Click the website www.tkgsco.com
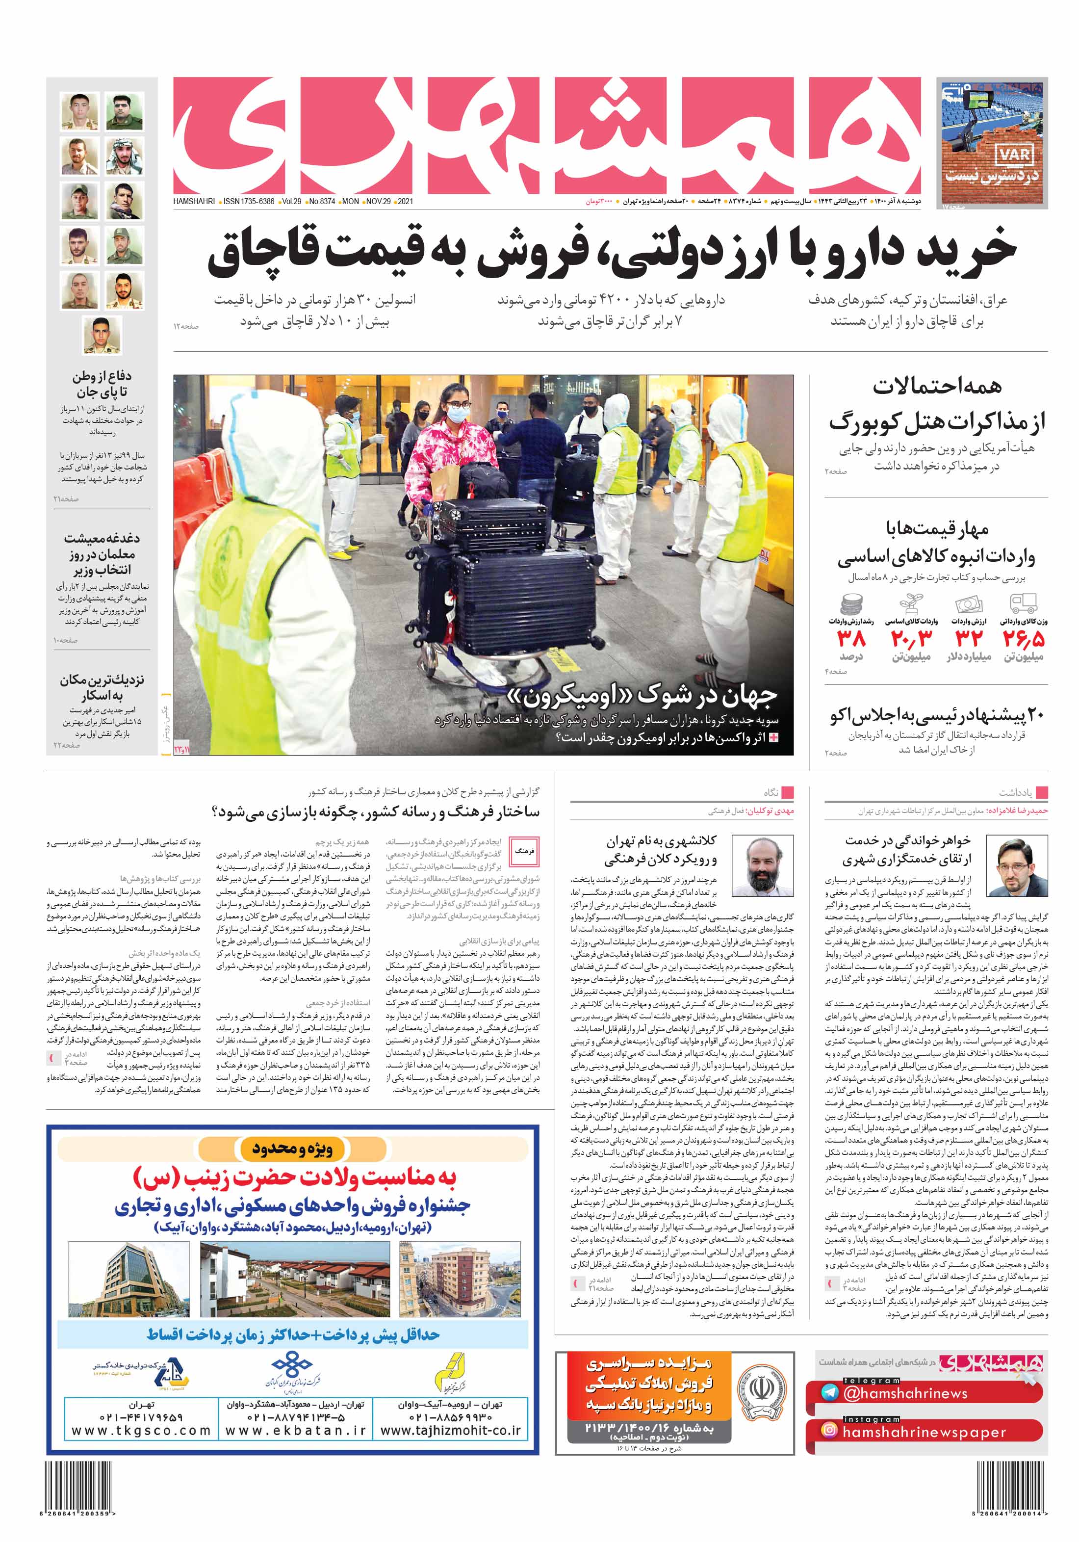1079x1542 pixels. [x=141, y=1431]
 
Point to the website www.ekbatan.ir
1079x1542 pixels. [x=295, y=1431]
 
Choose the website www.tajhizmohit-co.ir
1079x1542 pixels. [x=451, y=1431]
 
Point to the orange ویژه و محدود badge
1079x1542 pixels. [x=292, y=1149]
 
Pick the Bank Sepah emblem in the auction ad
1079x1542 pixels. [x=761, y=1389]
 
